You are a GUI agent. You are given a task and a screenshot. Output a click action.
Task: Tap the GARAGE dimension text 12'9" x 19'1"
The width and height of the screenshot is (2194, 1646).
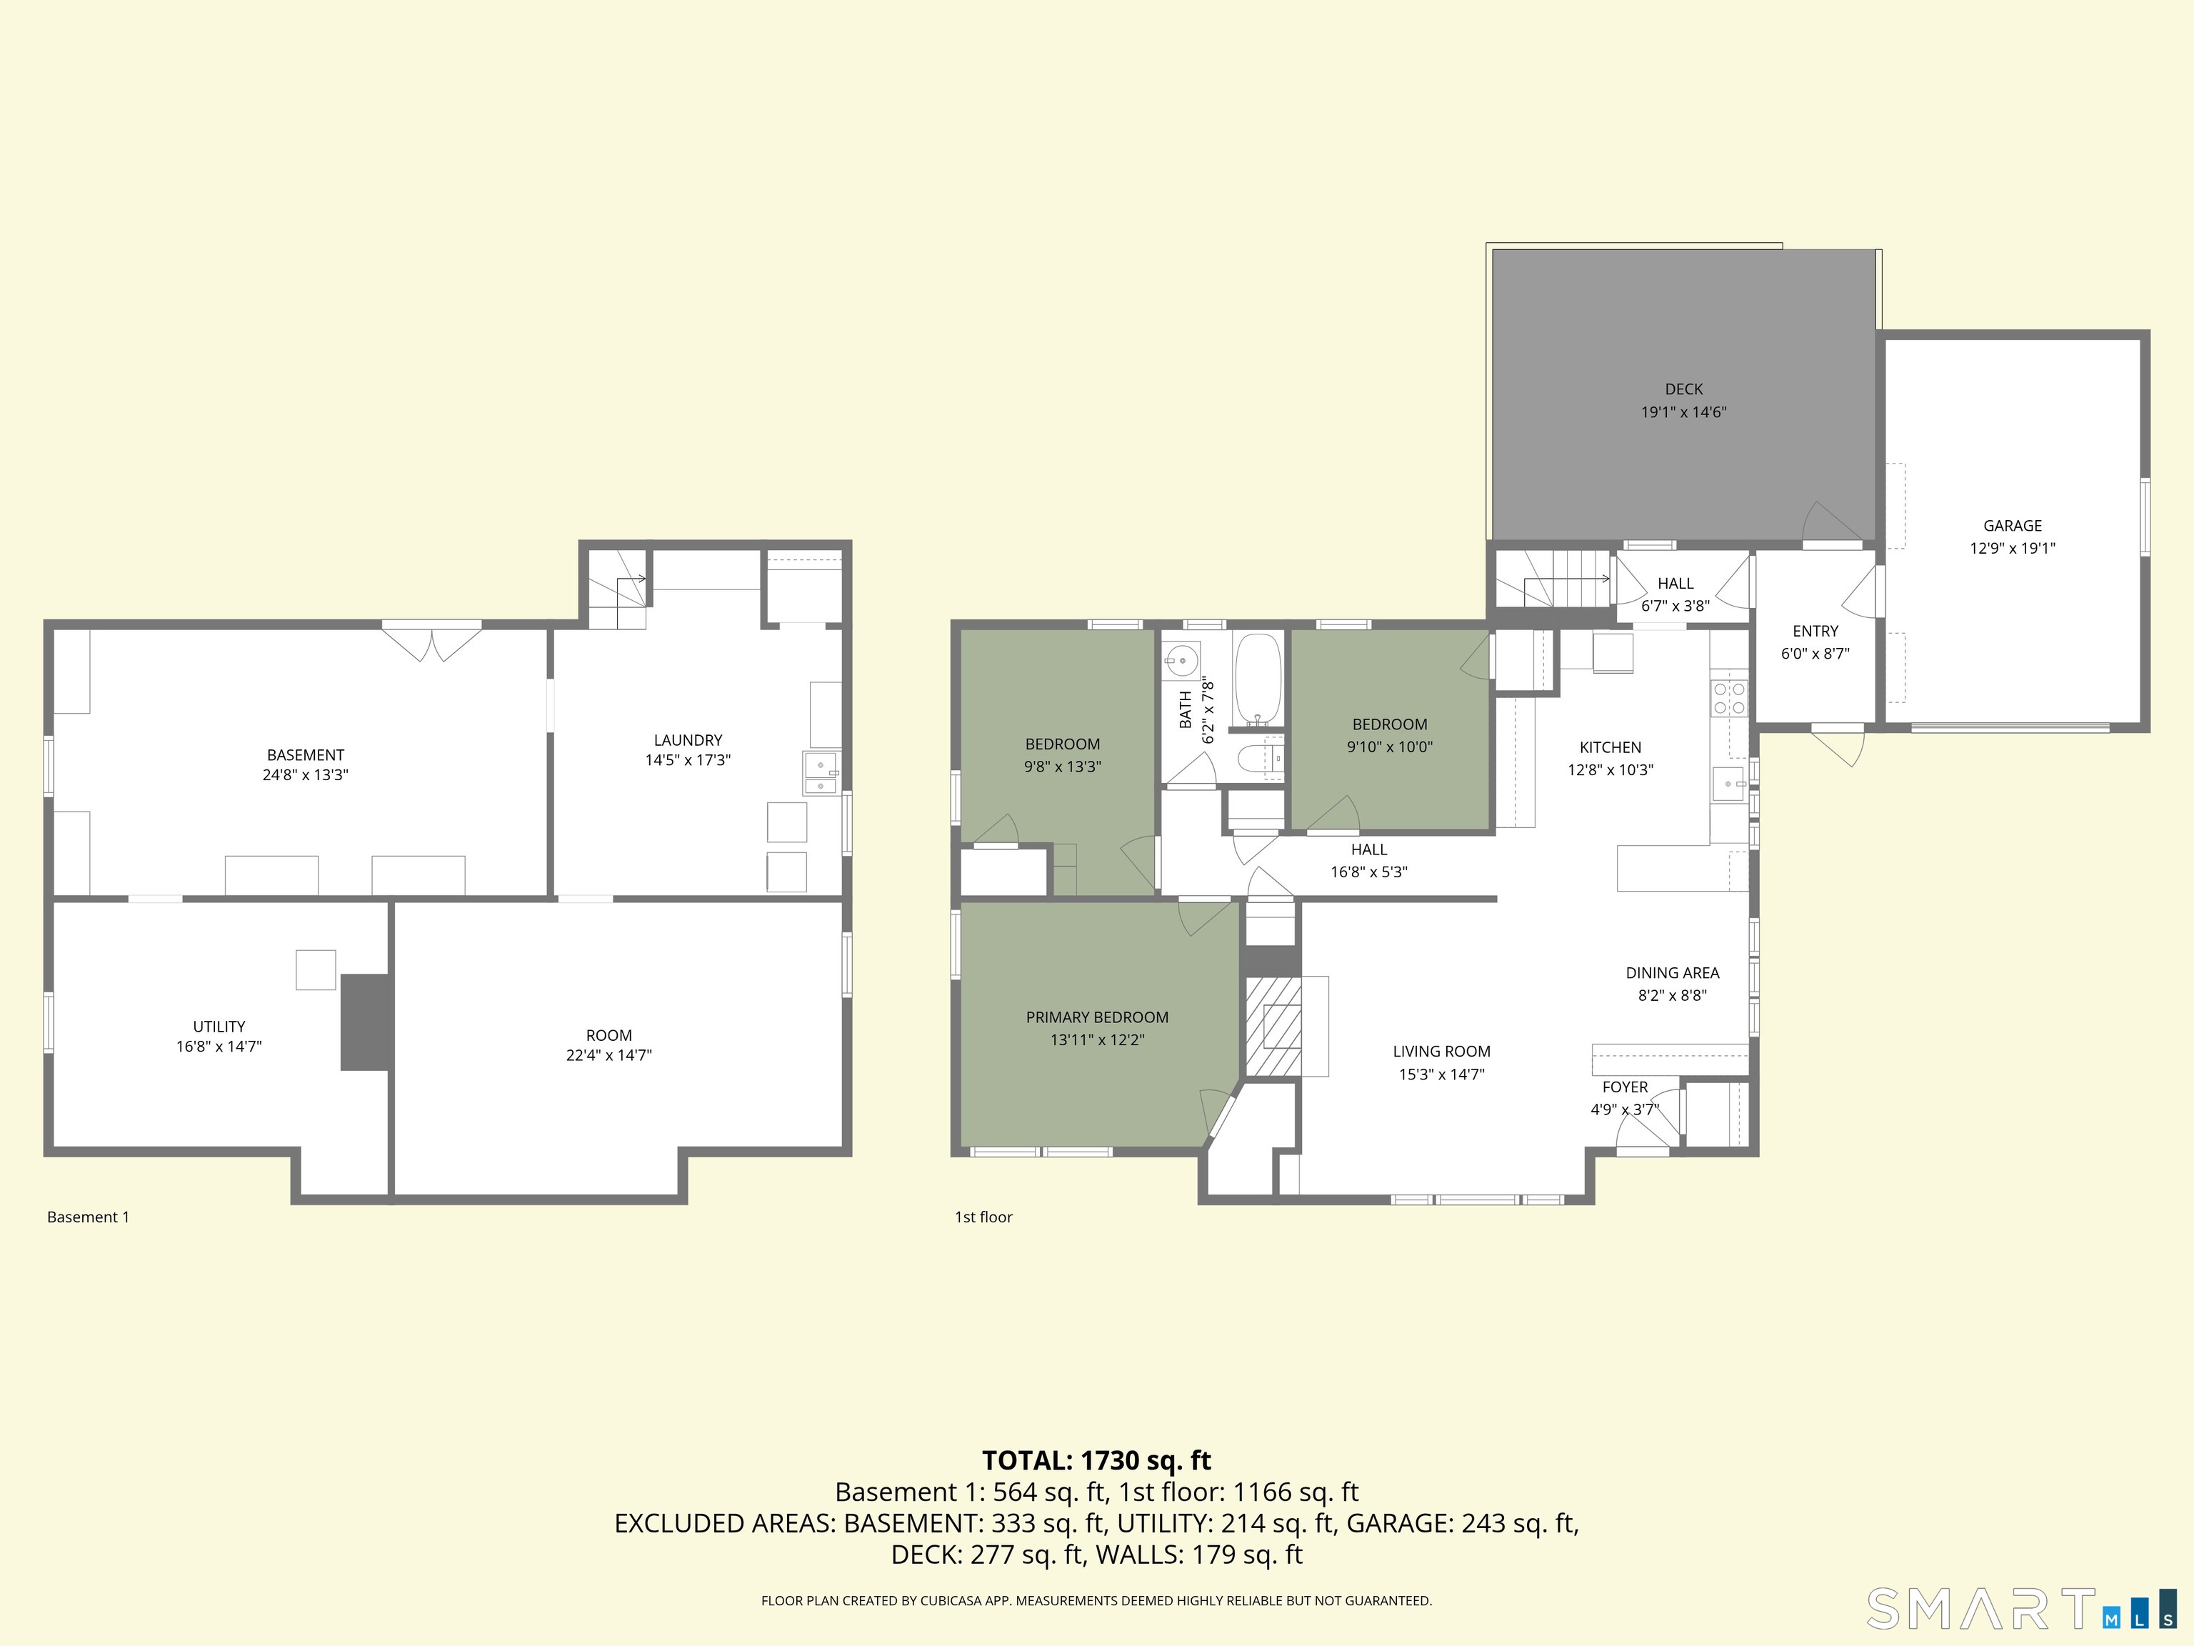pos(2011,549)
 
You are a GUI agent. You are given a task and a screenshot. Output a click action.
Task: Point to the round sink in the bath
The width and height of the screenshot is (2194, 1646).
pos(1181,659)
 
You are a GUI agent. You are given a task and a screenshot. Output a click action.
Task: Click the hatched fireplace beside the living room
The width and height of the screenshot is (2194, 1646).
pos(1273,1027)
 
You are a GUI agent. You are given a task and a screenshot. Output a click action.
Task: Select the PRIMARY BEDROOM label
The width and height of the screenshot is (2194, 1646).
pos(1097,1018)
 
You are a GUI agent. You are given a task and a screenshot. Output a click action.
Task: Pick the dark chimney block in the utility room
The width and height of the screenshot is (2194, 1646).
pos(365,1022)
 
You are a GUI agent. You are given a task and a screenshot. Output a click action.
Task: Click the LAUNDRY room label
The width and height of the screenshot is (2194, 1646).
pos(687,740)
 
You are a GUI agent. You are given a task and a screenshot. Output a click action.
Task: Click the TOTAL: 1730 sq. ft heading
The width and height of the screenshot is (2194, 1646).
pos(1096,1460)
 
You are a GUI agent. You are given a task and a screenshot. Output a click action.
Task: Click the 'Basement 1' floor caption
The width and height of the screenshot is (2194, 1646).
pos(89,1217)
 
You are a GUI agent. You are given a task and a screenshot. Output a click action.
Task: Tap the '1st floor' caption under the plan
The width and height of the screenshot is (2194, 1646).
pos(983,1217)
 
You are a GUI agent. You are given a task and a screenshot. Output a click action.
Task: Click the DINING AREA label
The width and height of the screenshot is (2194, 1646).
pos(1671,973)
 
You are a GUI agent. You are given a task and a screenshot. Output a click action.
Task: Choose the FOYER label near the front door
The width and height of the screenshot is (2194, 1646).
pos(1625,1087)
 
